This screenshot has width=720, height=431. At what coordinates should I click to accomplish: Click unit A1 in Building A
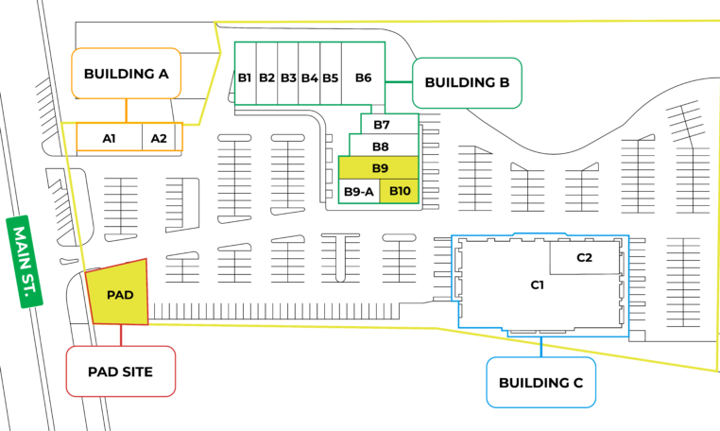tap(109, 138)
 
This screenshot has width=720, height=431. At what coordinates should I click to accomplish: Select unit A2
tap(159, 138)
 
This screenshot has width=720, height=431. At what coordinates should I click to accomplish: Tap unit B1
tap(245, 78)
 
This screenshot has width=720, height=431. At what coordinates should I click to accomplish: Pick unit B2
tap(267, 78)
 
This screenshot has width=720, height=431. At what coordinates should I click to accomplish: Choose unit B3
tap(289, 78)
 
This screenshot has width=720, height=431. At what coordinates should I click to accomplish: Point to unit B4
tap(309, 78)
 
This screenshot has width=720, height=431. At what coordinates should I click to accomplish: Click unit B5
tap(330, 78)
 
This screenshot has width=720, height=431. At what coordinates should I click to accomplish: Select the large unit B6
tap(364, 78)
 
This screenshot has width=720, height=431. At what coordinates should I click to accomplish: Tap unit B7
tap(382, 125)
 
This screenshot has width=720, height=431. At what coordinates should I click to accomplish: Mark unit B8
tap(381, 147)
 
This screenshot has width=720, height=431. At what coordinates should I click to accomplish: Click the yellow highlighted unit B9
tap(380, 168)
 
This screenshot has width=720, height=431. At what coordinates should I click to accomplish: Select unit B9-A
tap(359, 192)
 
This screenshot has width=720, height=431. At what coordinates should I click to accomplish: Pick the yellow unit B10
tap(400, 192)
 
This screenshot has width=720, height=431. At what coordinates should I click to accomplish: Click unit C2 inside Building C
tap(584, 257)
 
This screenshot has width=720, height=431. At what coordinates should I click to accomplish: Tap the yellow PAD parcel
tap(119, 294)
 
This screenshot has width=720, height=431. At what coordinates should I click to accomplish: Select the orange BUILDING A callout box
tap(126, 74)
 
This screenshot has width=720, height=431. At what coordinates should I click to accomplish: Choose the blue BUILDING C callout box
tap(540, 383)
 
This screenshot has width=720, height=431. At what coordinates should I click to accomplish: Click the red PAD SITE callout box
tap(122, 371)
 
